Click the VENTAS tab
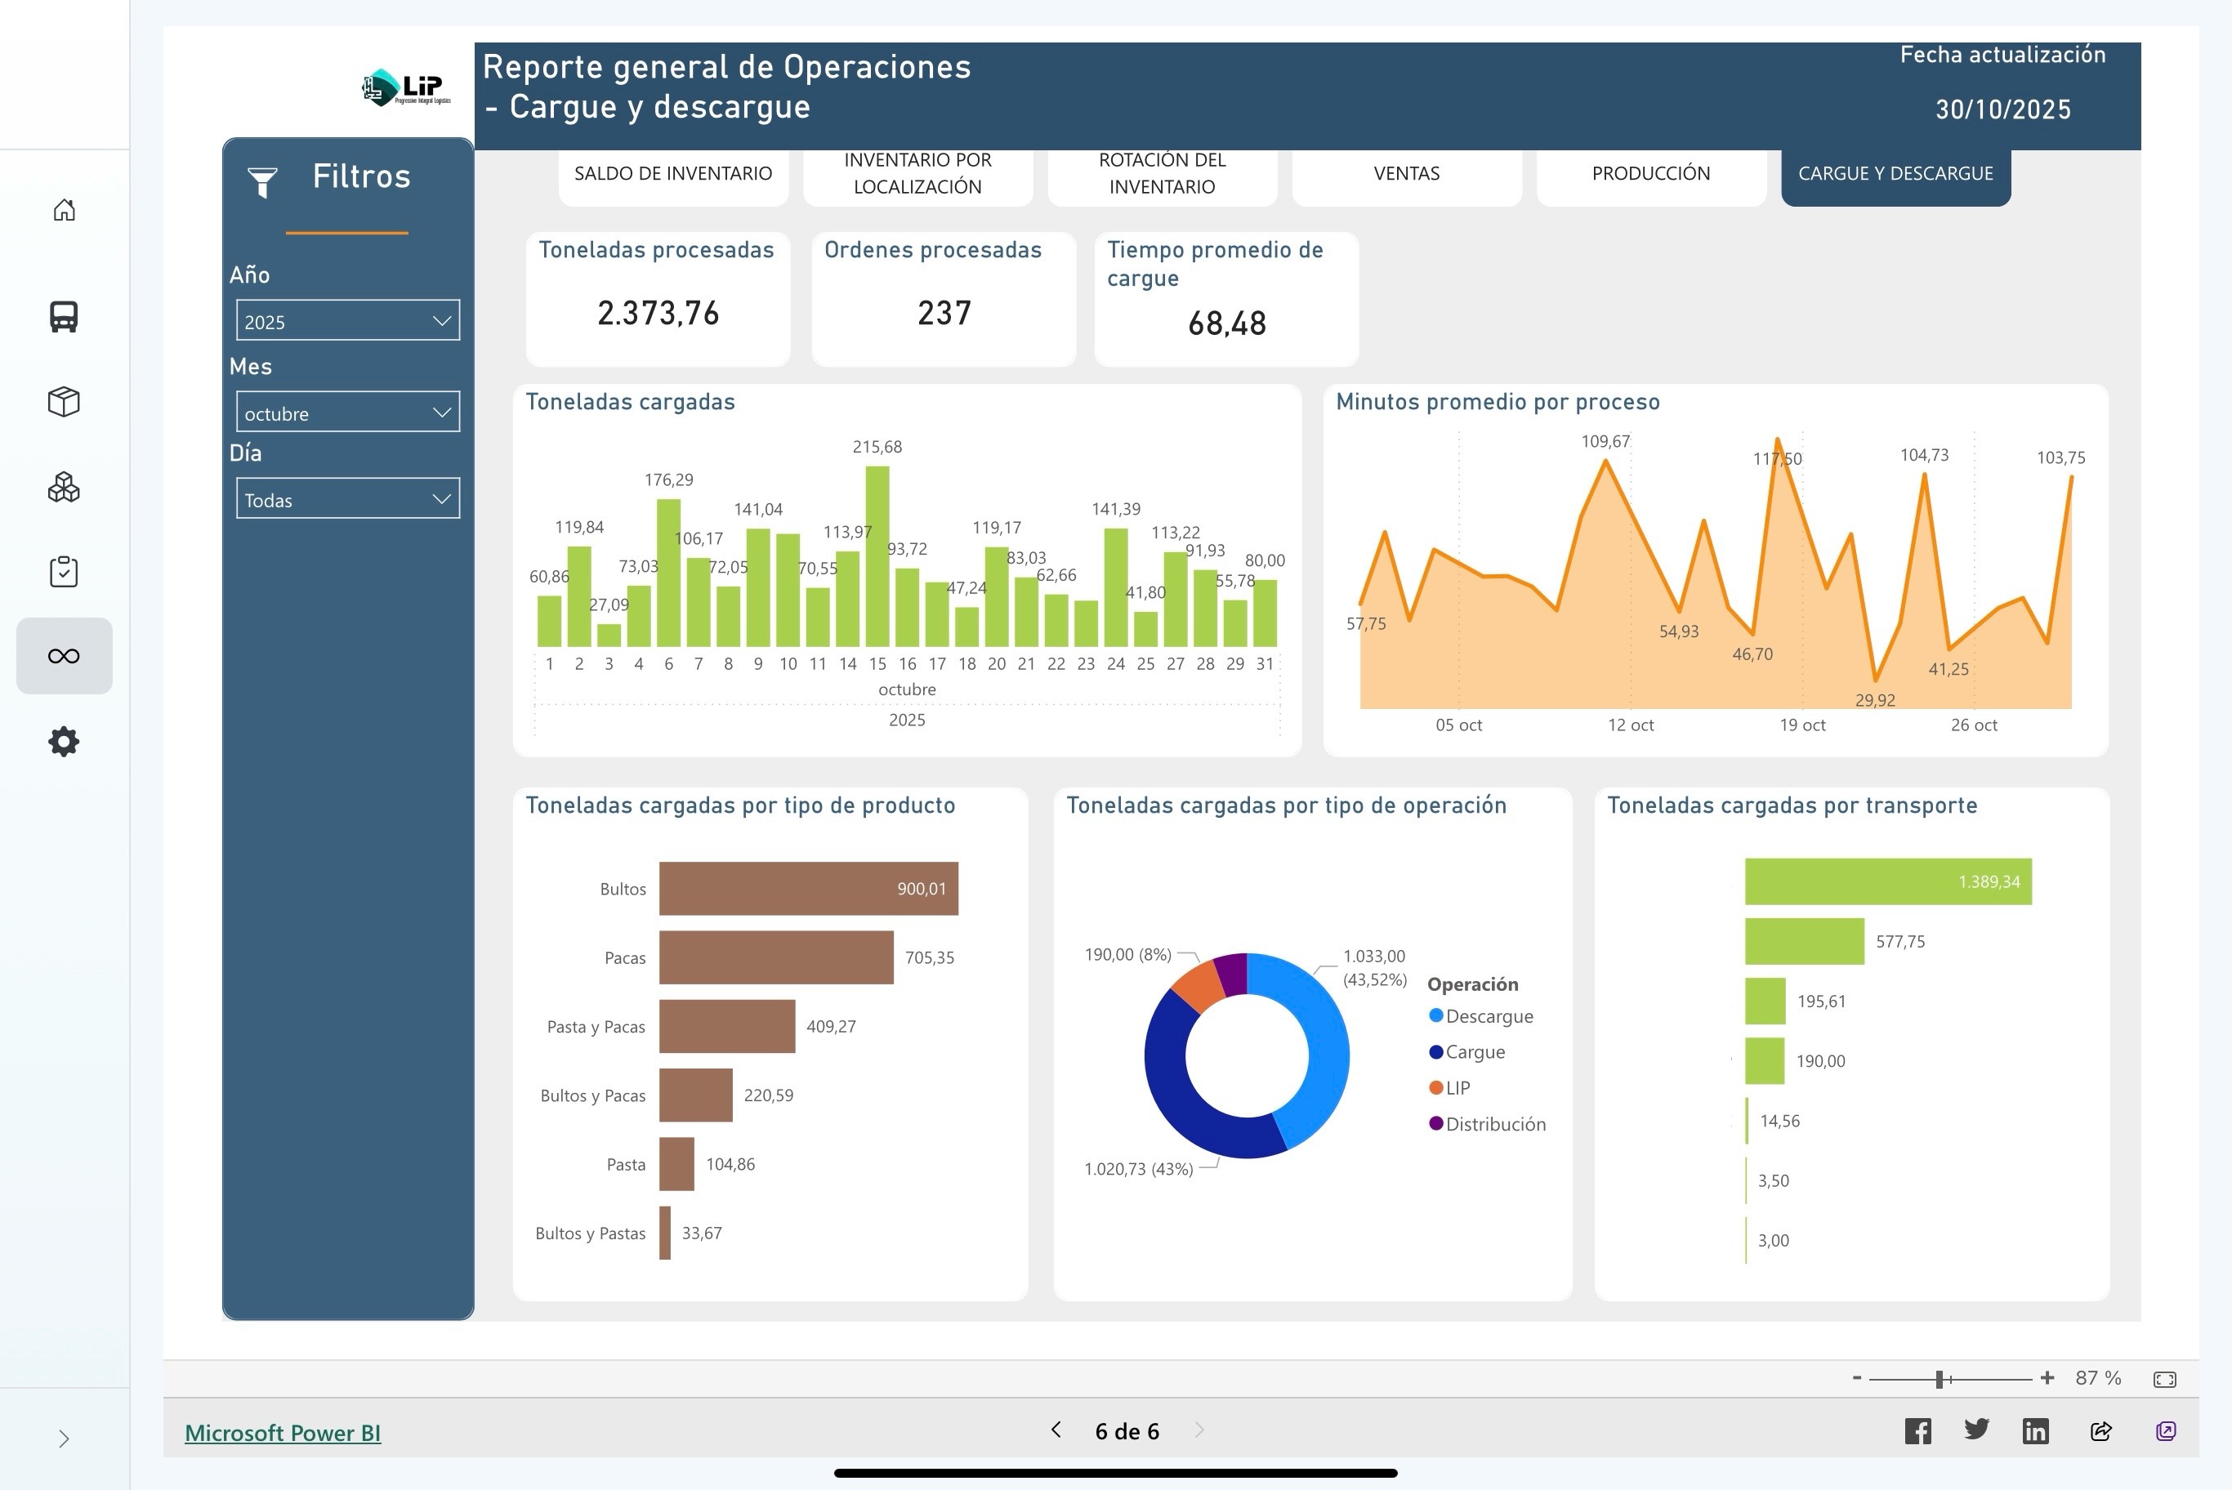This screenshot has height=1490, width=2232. click(x=1405, y=174)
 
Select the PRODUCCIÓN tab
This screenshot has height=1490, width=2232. click(x=1649, y=174)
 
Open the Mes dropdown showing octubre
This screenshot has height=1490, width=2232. click(x=347, y=413)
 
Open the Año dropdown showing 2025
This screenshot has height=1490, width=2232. click(x=347, y=320)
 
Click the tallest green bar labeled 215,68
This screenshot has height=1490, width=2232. click(x=876, y=556)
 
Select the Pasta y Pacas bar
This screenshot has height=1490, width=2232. click(x=726, y=1026)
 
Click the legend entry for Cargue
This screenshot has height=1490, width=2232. click(x=1474, y=1052)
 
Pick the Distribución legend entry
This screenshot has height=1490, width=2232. click(x=1493, y=1124)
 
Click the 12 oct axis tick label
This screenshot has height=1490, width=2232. click(x=1630, y=725)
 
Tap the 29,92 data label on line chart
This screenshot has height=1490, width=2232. click(x=1874, y=700)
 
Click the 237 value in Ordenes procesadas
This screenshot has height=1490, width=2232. click(x=944, y=314)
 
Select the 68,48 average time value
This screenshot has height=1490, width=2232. click(x=1225, y=324)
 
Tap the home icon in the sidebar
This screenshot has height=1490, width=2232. click(x=64, y=210)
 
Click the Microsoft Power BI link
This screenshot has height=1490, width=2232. click(x=282, y=1432)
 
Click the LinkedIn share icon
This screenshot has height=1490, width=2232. click(x=2034, y=1431)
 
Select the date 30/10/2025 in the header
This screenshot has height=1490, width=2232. click(x=2002, y=110)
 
